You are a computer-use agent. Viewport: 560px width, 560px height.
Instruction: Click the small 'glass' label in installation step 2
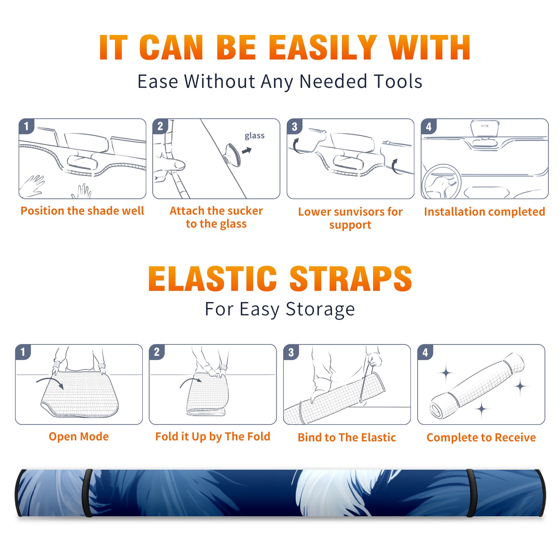pos(254,136)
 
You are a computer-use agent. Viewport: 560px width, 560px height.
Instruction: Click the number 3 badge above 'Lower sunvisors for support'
pos(294,126)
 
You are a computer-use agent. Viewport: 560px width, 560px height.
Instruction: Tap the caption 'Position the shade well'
pos(82,211)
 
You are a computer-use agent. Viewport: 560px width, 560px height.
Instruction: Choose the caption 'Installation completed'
pos(484,211)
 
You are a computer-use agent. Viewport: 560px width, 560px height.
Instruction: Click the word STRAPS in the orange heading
pos(351,279)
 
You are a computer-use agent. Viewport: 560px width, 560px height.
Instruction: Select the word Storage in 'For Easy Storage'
pos(320,309)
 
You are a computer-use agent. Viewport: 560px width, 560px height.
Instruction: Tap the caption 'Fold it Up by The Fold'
pos(213,436)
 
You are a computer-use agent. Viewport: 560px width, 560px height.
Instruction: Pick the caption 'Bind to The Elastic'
pos(347,437)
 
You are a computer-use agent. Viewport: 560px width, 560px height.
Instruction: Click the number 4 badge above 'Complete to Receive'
pos(425,352)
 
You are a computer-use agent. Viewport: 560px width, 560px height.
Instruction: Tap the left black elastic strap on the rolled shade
pos(87,493)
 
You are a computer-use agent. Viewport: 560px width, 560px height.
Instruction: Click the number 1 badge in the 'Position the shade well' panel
pos(26,126)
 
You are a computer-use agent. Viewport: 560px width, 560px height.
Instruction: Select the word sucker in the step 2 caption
pos(245,211)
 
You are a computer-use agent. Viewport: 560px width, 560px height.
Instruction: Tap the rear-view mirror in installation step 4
pos(485,128)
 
